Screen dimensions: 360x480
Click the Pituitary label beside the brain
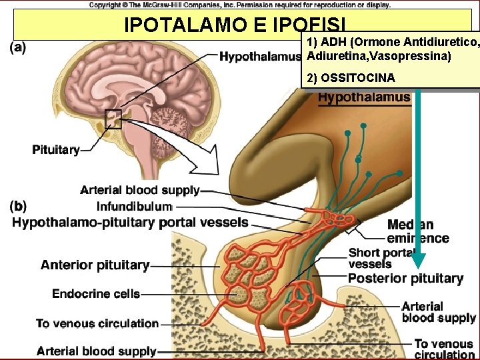click(56, 149)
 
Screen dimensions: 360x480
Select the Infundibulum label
click(134, 206)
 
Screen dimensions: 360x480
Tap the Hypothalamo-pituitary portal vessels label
click(130, 222)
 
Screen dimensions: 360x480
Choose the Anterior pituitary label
click(95, 265)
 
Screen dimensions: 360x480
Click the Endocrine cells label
click(96, 293)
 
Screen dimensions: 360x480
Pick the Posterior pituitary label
click(405, 279)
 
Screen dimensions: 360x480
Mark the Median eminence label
click(418, 232)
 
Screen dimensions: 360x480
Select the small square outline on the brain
click(113, 119)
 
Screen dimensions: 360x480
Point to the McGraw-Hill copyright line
click(240, 5)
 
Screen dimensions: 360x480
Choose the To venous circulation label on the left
click(97, 323)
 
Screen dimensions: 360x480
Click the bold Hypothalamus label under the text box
click(363, 97)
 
